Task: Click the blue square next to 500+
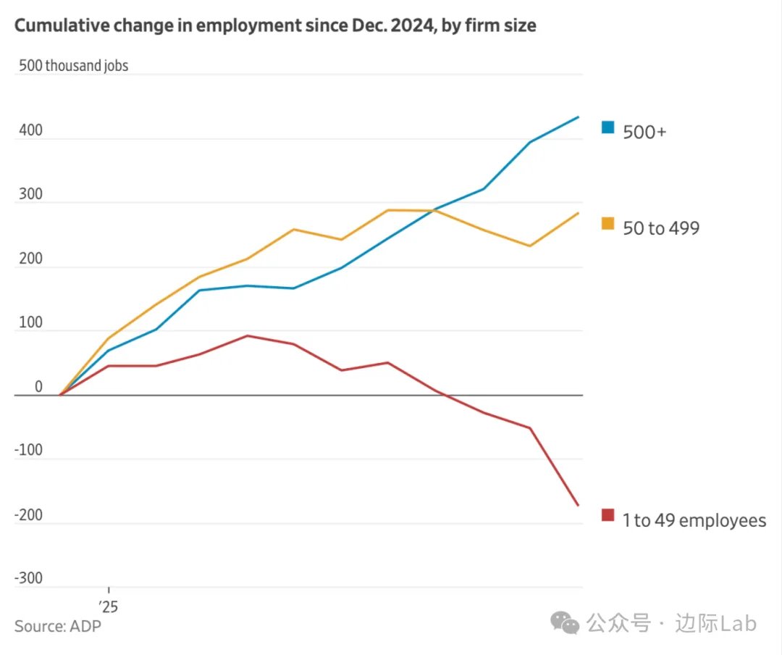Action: [x=607, y=128]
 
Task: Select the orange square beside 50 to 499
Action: [x=607, y=224]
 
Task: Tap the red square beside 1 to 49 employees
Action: [x=607, y=515]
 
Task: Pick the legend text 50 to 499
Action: [x=661, y=228]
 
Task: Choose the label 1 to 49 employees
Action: [x=694, y=520]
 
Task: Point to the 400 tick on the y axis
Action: [x=30, y=131]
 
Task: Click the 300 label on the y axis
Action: [x=30, y=195]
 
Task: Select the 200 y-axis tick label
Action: [x=30, y=259]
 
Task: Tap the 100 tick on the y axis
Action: [x=30, y=323]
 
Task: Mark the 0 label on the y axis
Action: [x=38, y=387]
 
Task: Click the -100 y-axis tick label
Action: [x=28, y=451]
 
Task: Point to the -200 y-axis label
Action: [x=28, y=515]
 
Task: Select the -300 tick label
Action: [x=28, y=579]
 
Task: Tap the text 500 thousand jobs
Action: [x=73, y=65]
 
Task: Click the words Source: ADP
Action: [x=58, y=625]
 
